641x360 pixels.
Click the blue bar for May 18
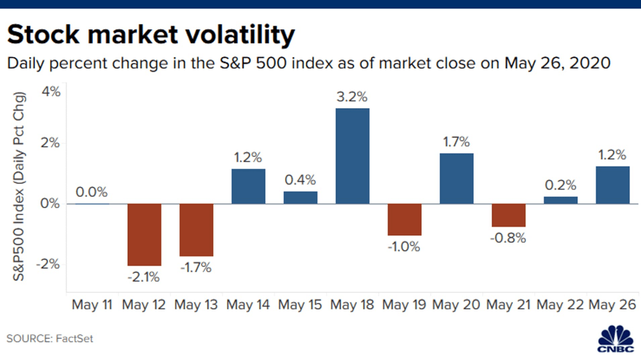click(353, 156)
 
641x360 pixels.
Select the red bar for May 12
click(144, 234)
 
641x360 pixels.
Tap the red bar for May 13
click(196, 230)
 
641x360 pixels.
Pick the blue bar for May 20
click(456, 178)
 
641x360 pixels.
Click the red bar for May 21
click(508, 215)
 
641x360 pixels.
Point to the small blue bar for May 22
click(560, 200)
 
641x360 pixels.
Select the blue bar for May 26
click(612, 184)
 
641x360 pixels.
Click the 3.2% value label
click(352, 97)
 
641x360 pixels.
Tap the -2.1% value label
click(144, 277)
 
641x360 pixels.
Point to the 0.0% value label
click(92, 192)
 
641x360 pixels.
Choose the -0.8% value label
click(508, 238)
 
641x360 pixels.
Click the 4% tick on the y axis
click(51, 91)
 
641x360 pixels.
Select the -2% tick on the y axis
click(48, 264)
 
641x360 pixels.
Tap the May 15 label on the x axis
click(300, 305)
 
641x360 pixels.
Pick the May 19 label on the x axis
click(404, 305)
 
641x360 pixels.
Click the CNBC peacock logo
click(615, 339)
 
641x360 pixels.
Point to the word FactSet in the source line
click(74, 338)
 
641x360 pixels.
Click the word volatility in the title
click(240, 35)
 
